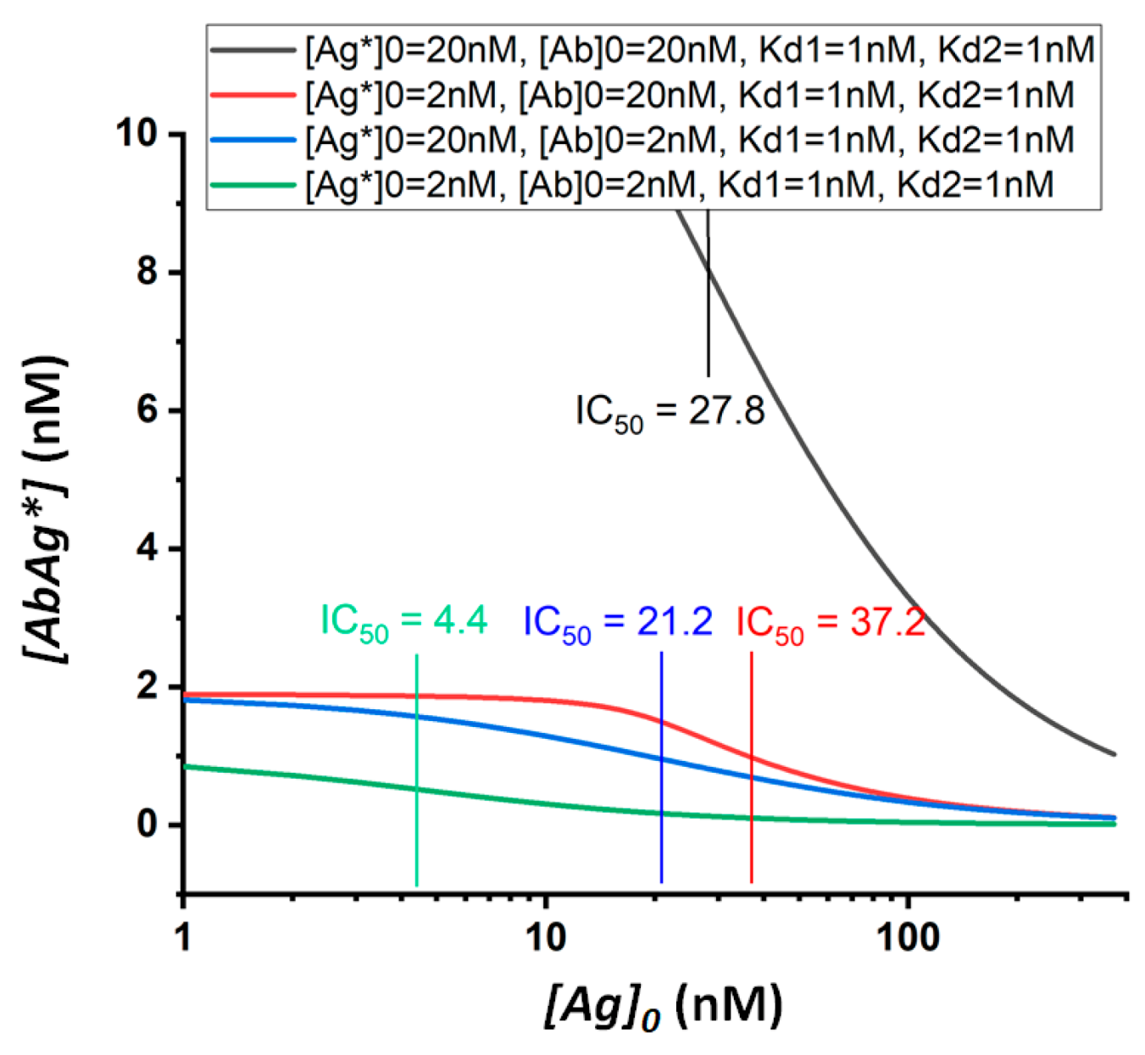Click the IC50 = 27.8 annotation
[670, 412]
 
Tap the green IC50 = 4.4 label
[403, 622]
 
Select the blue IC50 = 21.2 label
[617, 622]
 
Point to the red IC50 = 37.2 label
[830, 622]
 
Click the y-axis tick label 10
[141, 134]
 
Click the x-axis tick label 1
[183, 938]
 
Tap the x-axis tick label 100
[908, 938]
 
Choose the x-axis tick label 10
[545, 938]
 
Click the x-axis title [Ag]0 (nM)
[663, 1007]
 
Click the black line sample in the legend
[253, 50]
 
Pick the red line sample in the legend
[253, 95]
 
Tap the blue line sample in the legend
[253, 139]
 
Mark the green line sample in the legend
[253, 184]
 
